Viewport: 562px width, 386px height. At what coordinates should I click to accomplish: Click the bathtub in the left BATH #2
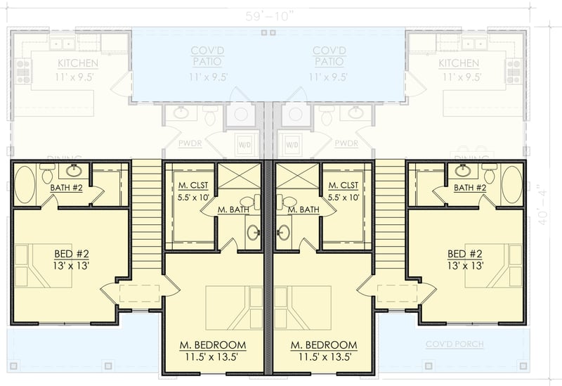25,184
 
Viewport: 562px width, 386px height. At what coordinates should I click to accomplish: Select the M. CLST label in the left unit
190,186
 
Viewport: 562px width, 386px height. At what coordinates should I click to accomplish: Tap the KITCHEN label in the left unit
77,64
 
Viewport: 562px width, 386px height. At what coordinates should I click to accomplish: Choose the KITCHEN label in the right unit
459,64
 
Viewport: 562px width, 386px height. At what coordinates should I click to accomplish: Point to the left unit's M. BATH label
233,210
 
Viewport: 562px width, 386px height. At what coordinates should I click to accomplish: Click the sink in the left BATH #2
74,170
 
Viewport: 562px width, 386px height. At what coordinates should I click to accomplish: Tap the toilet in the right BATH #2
489,172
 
